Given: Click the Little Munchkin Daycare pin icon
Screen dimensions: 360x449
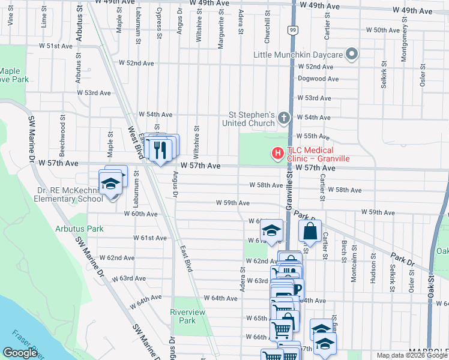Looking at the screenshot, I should [352, 55].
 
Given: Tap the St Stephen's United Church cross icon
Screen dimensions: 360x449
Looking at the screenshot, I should [284, 119].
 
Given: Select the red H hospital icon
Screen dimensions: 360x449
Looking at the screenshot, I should [277, 154].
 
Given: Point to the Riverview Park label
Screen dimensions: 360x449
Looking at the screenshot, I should [187, 316].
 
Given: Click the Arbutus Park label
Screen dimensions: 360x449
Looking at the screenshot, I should [79, 229].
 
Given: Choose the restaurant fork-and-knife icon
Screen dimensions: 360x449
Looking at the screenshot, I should [159, 149].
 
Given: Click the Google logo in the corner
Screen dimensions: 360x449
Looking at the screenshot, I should [20, 353].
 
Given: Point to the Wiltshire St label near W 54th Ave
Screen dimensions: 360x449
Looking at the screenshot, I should [196, 137].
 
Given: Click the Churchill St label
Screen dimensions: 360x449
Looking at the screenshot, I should [268, 30].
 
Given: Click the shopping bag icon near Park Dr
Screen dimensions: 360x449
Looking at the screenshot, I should [310, 231].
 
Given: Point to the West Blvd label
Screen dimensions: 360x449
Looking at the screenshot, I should [135, 143].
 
